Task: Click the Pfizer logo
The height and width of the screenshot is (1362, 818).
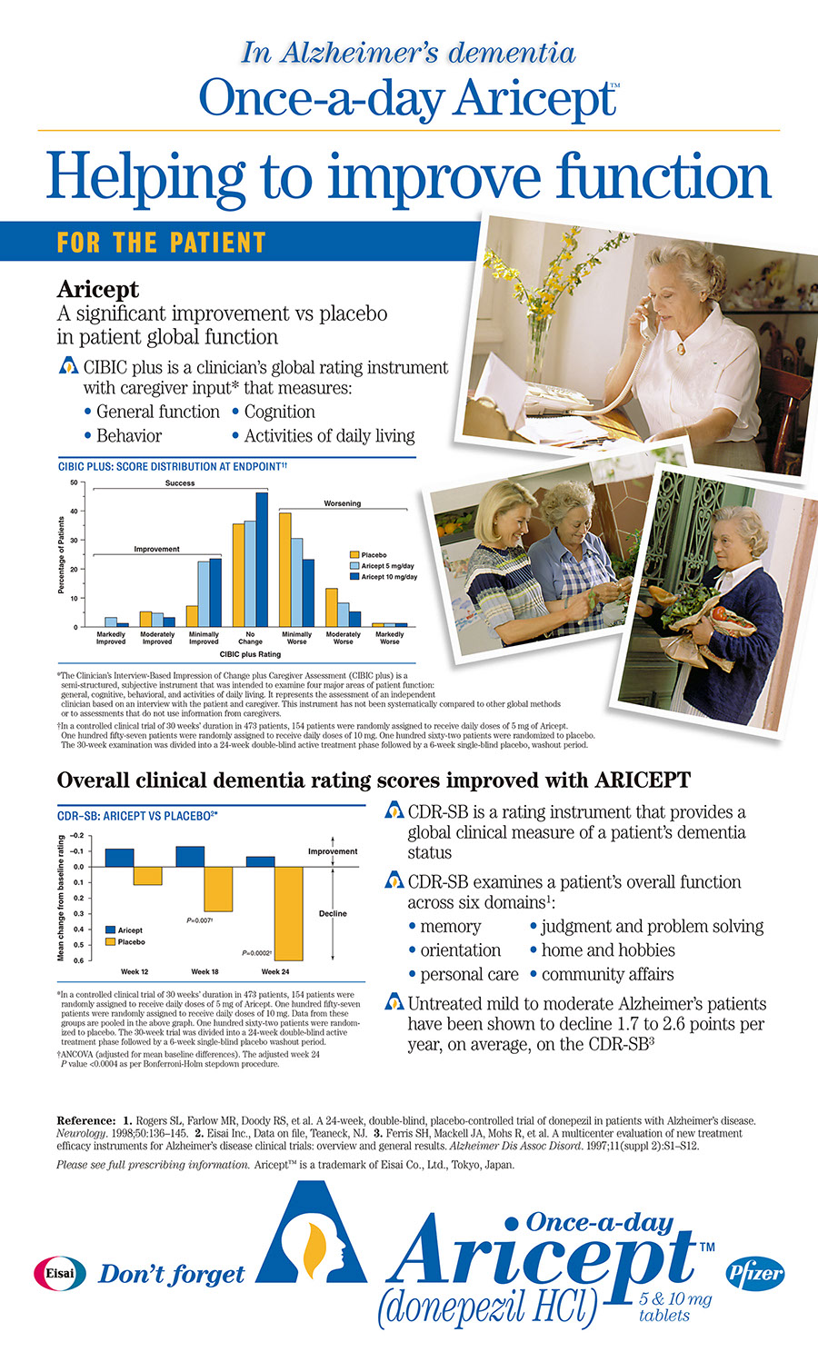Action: [x=755, y=1273]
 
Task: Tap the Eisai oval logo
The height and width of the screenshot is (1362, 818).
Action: [x=60, y=1273]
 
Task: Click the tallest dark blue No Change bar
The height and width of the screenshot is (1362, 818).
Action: [x=262, y=559]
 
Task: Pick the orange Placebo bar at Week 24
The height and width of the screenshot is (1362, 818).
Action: [x=288, y=913]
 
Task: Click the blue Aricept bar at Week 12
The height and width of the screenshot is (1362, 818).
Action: [x=119, y=858]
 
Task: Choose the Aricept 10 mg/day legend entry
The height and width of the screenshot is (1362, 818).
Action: [x=389, y=577]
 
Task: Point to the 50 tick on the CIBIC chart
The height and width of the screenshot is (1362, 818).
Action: [x=74, y=482]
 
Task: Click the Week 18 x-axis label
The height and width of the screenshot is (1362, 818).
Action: [x=204, y=972]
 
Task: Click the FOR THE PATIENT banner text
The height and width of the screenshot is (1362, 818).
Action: [x=161, y=244]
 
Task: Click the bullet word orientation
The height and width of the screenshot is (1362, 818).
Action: [x=460, y=950]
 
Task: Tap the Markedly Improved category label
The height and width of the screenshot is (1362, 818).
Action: [x=111, y=638]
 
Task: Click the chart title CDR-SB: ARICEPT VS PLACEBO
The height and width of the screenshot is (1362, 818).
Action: [x=137, y=816]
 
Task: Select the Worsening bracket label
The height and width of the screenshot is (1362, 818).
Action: [x=342, y=503]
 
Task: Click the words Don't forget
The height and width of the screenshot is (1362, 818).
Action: [x=172, y=1275]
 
